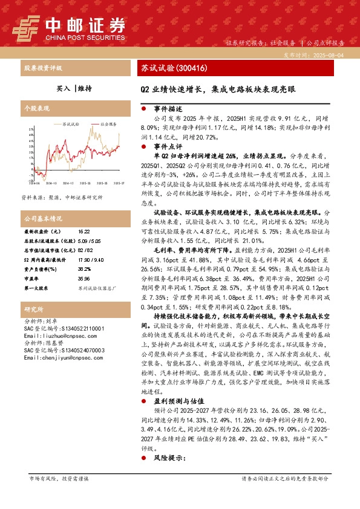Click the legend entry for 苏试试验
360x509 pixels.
click(70, 123)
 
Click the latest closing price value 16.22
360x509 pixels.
click(83, 232)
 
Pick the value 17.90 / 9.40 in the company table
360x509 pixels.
click(89, 258)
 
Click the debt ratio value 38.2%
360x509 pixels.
click(84, 267)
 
